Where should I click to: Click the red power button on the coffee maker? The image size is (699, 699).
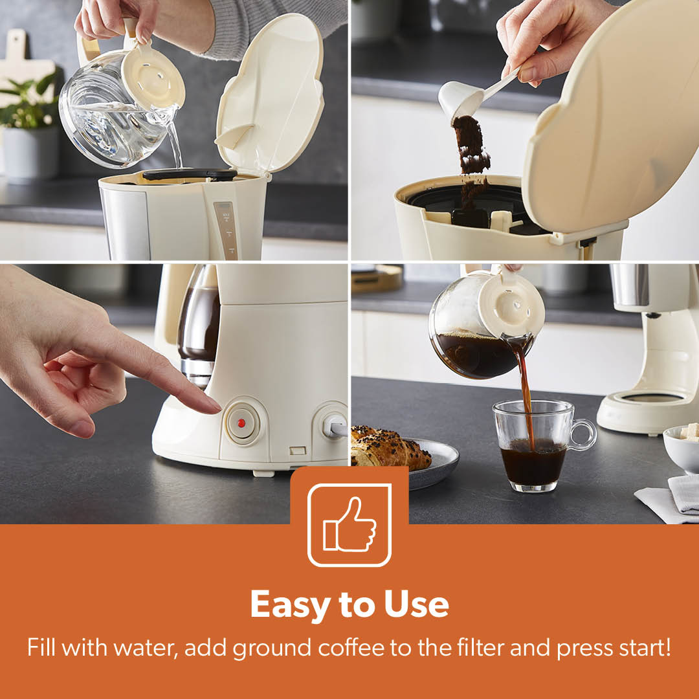coord(241,423)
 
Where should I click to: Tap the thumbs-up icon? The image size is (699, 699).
coord(349,525)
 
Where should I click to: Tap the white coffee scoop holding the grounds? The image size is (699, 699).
coord(472,95)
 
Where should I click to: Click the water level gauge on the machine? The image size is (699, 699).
coord(227,230)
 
